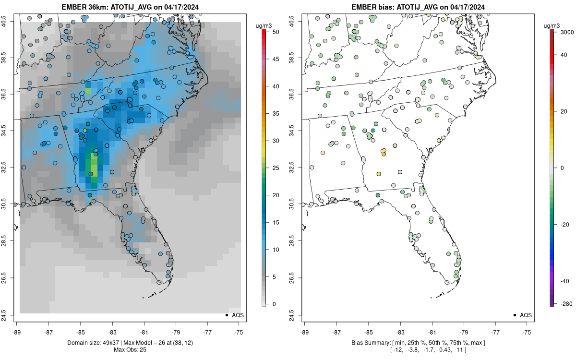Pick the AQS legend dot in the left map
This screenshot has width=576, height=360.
click(226, 315)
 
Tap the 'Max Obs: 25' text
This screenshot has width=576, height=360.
click(130, 349)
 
